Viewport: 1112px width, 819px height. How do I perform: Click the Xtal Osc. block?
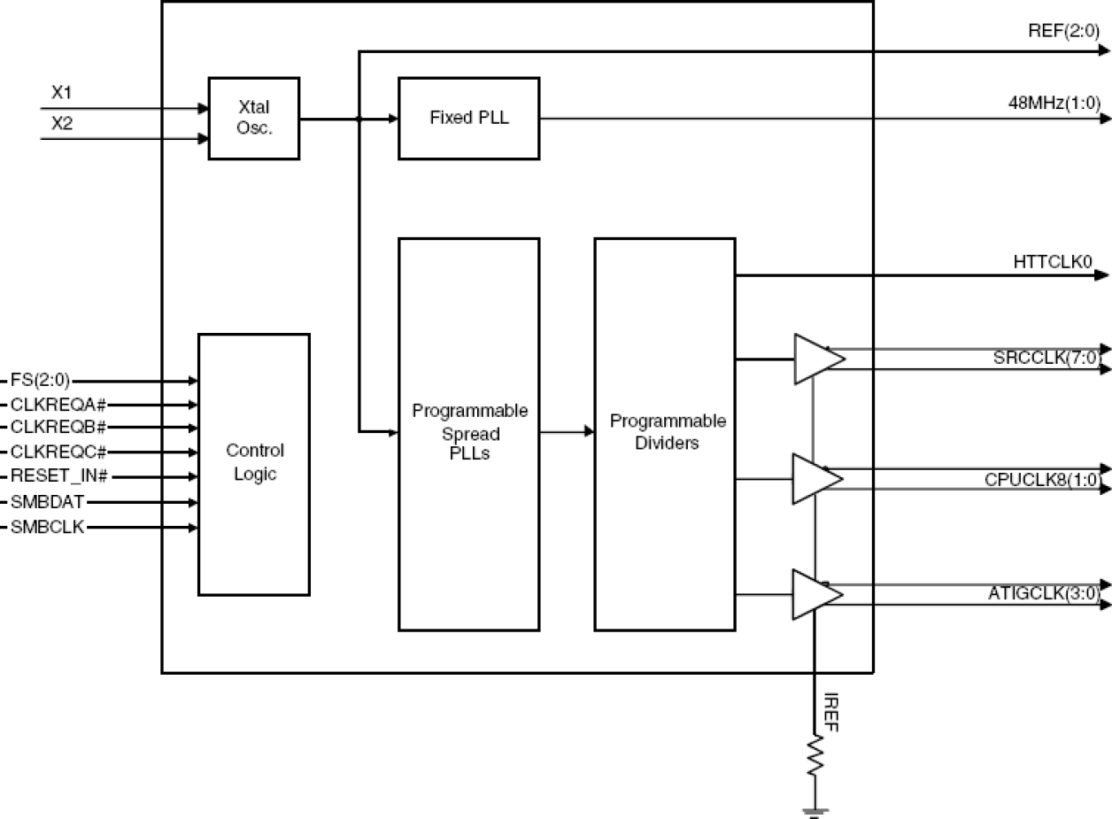click(x=253, y=119)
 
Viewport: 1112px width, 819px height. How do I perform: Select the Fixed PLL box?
click(x=468, y=119)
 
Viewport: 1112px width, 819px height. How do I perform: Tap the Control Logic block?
click(x=253, y=463)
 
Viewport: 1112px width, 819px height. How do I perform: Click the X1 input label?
click(x=61, y=91)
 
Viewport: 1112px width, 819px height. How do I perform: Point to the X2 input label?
click(x=61, y=123)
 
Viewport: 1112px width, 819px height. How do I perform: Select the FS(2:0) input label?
click(x=40, y=381)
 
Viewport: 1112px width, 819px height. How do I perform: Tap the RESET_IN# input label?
click(x=58, y=476)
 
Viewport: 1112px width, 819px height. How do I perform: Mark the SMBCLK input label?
click(x=48, y=528)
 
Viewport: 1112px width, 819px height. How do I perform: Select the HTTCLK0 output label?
click(x=1054, y=261)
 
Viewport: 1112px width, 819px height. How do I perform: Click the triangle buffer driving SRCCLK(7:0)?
click(x=816, y=359)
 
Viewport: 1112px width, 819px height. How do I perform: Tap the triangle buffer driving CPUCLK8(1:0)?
click(x=816, y=479)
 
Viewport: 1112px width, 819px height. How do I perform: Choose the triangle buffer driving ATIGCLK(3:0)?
click(x=816, y=593)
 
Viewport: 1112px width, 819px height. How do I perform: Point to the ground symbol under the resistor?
click(x=814, y=809)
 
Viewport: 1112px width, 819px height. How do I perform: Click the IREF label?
click(x=831, y=714)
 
